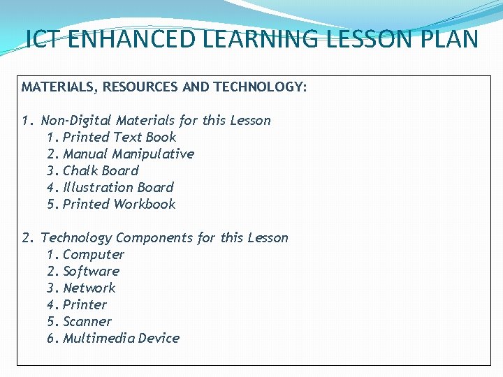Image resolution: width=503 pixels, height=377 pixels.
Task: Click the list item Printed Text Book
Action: pyautogui.click(x=119, y=138)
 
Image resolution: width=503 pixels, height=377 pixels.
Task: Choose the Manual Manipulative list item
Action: pyautogui.click(x=129, y=154)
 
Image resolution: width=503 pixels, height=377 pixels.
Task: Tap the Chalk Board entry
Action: pyautogui.click(x=101, y=171)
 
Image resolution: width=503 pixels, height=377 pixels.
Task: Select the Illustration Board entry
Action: pyautogui.click(x=118, y=188)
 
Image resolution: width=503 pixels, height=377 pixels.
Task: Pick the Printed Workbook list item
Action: pyautogui.click(x=119, y=205)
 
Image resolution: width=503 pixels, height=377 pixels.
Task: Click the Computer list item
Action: pyautogui.click(x=94, y=255)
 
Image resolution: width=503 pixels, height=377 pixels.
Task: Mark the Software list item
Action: pyautogui.click(x=92, y=272)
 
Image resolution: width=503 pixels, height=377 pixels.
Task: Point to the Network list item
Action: pyautogui.click(x=89, y=288)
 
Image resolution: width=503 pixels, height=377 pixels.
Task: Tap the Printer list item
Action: pyautogui.click(x=85, y=305)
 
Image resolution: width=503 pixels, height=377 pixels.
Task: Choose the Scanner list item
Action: pyautogui.click(x=87, y=322)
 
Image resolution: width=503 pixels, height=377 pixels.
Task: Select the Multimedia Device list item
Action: pyautogui.click(x=122, y=339)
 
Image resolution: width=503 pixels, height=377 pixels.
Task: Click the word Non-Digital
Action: pyautogui.click(x=77, y=121)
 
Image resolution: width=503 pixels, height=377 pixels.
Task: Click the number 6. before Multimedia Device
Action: pyautogui.click(x=52, y=339)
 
